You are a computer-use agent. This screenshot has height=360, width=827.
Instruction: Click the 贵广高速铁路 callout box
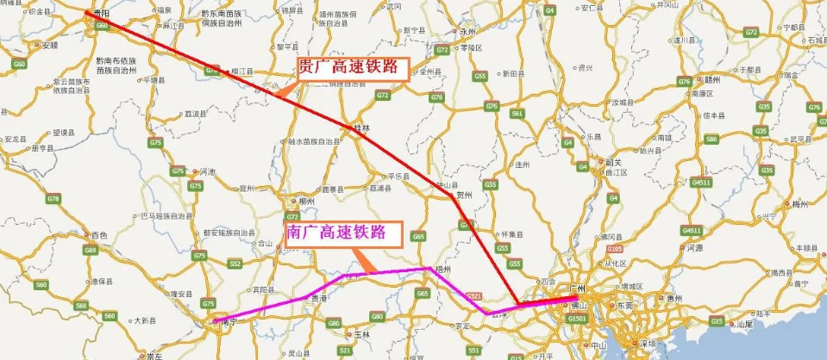[x=352, y=69]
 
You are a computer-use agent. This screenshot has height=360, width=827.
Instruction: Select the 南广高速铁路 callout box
[x=344, y=232]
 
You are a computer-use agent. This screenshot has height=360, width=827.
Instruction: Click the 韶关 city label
[x=615, y=162]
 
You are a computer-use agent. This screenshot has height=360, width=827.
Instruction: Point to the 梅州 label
[x=799, y=204]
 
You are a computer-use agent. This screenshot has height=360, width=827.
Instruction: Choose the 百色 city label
[x=98, y=234]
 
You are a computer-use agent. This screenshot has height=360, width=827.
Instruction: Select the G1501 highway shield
[x=576, y=319]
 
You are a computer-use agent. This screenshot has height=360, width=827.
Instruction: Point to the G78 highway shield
[x=54, y=199]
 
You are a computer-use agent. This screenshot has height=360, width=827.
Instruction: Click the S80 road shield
[x=711, y=138]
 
